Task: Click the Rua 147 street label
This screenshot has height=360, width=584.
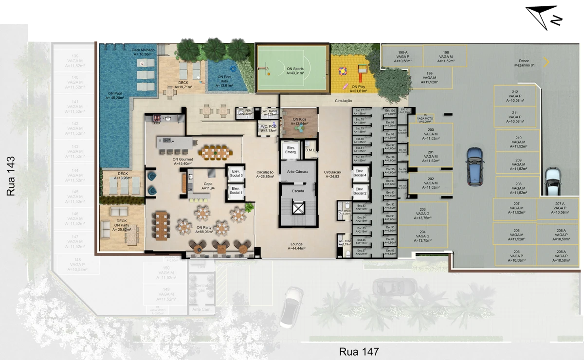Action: [359, 351]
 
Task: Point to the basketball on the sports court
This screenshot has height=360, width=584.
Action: [267, 74]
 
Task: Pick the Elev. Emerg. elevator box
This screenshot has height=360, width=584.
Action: [291, 150]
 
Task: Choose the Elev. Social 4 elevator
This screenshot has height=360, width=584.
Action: [360, 174]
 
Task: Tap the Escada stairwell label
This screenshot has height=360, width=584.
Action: [298, 191]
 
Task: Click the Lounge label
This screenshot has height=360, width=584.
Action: [296, 246]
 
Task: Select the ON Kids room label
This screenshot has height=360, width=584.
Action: [299, 121]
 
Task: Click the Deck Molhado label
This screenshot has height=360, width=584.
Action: [143, 52]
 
